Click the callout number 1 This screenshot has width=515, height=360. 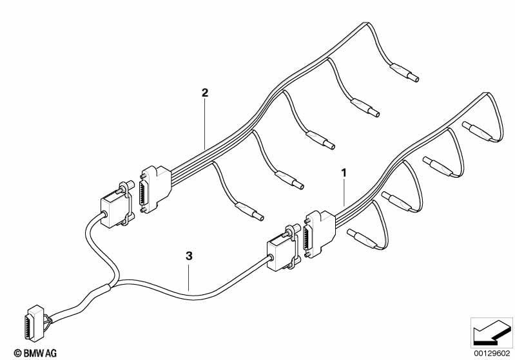point(344,173)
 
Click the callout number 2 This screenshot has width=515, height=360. point(204,93)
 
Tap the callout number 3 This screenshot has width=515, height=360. point(189,256)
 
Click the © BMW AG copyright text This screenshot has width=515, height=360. point(35,353)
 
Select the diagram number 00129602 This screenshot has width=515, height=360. point(492,354)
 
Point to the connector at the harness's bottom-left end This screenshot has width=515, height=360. point(35,323)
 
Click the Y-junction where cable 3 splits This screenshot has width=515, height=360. point(113,285)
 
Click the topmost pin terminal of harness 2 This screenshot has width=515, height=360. point(404,73)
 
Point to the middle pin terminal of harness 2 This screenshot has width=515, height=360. point(320,140)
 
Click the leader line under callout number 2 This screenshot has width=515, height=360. point(204,124)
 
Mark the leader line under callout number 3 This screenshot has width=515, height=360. point(189,278)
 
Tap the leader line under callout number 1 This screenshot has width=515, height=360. point(344,193)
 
